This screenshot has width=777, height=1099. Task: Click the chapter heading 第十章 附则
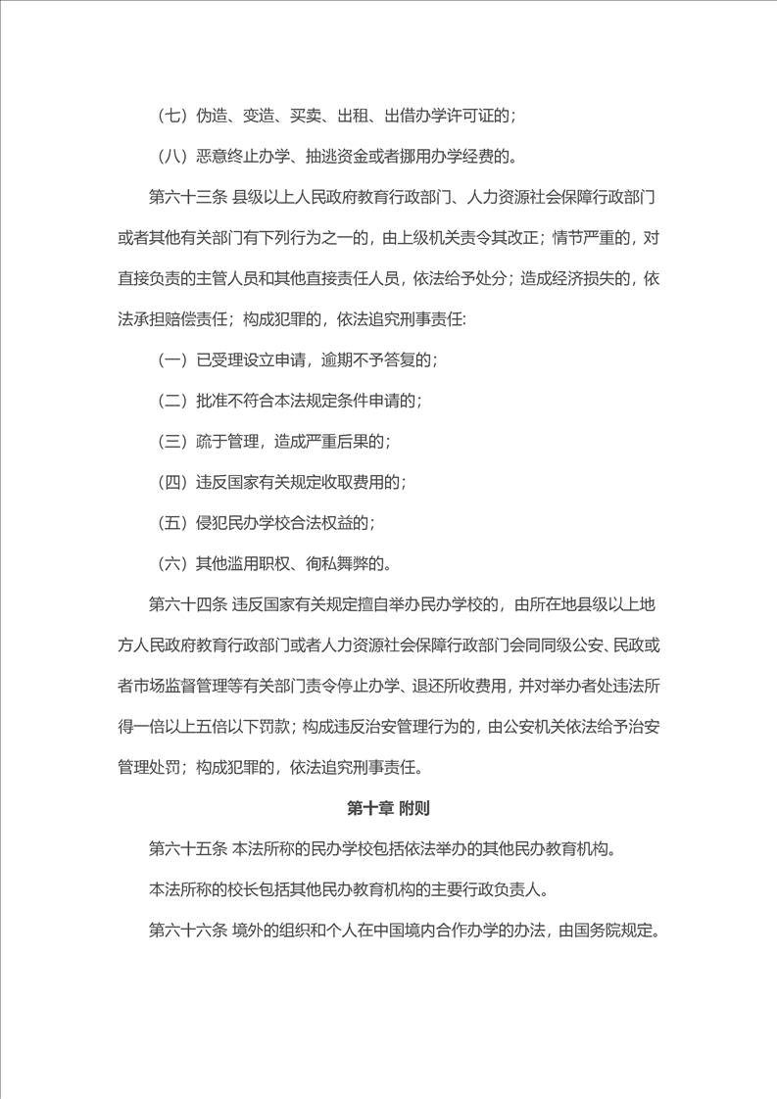click(x=389, y=809)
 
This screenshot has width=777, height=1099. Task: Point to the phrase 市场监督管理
click(x=187, y=686)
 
